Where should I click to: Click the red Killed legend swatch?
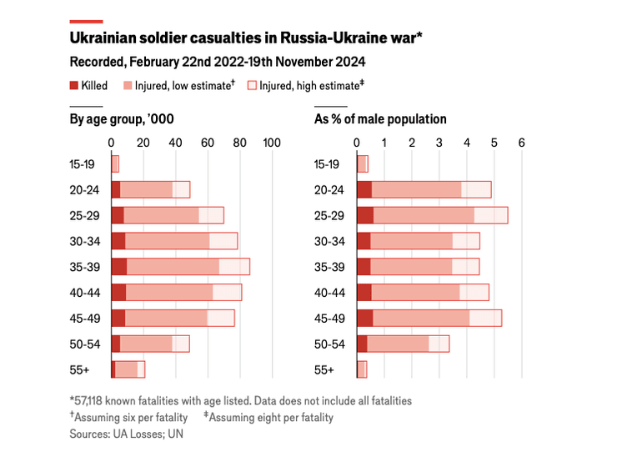point(74,86)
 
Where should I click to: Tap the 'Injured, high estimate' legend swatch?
point(252,86)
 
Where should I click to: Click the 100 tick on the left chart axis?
point(271,143)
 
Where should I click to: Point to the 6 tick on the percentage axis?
point(521,143)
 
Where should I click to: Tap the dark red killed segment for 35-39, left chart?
point(119,267)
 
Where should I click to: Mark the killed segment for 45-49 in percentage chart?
point(365,318)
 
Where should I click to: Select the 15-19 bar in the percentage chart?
point(363,164)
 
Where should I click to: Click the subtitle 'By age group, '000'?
point(122,119)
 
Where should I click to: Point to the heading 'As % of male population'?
point(380,119)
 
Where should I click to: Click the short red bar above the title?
point(87,21)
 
